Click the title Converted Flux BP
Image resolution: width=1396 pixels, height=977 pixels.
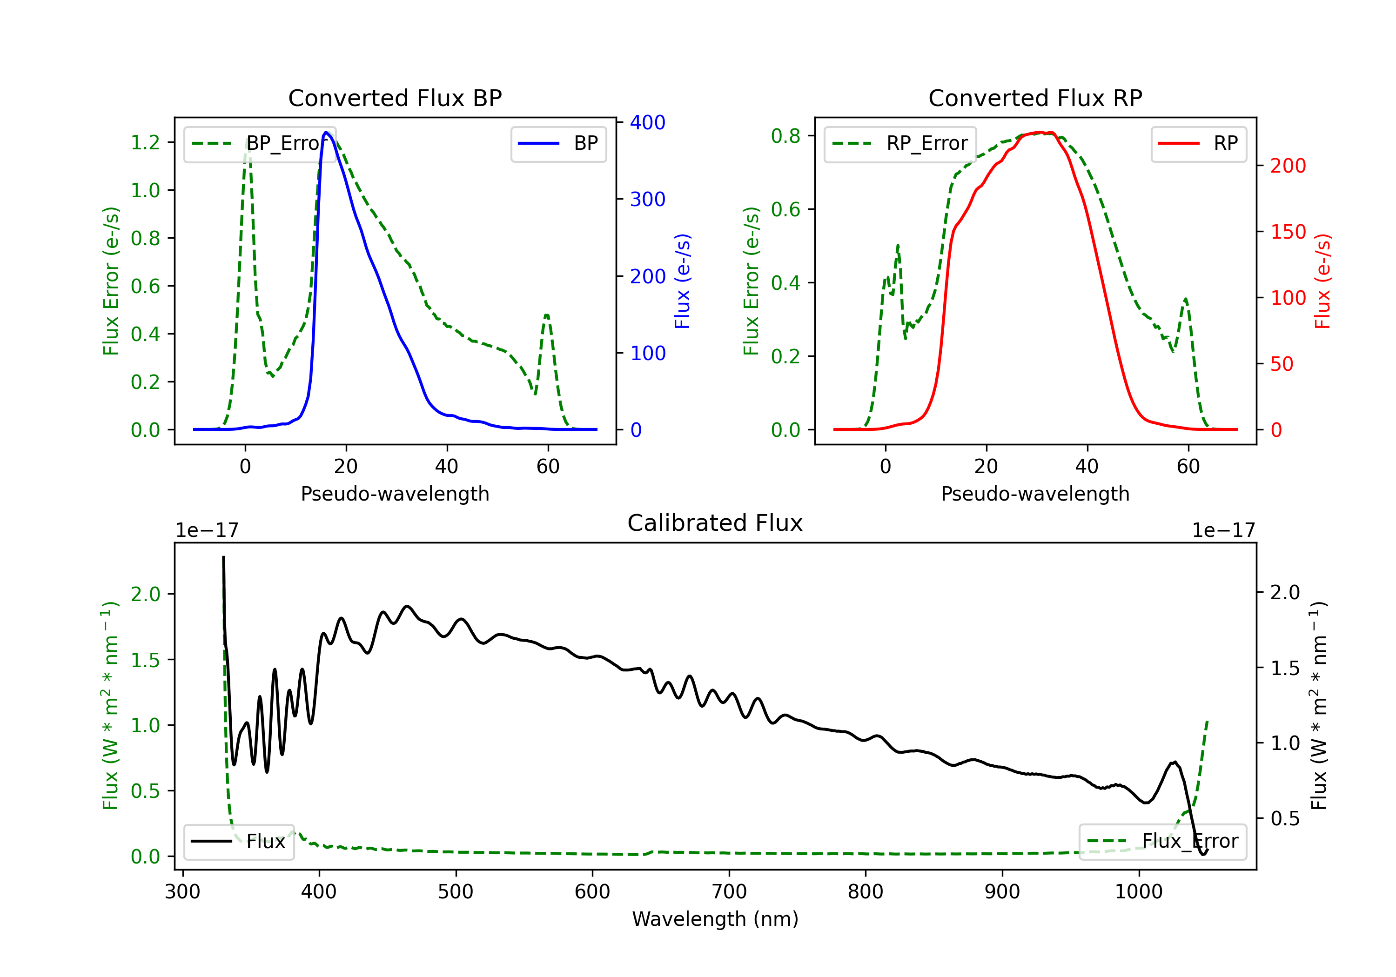tap(395, 98)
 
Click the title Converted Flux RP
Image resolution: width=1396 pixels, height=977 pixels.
tap(1035, 98)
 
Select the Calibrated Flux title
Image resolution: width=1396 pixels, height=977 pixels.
tap(715, 523)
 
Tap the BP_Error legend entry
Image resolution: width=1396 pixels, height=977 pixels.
tap(260, 143)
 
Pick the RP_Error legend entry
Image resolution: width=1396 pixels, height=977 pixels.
tap(900, 143)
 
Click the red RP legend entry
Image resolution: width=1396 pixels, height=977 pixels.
tap(1198, 143)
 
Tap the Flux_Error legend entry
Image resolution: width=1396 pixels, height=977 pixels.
tap(1162, 842)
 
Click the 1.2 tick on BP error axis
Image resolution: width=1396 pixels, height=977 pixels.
tap(145, 142)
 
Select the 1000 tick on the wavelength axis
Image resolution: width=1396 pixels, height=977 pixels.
tap(1139, 892)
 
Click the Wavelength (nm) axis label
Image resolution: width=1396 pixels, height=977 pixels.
tap(715, 919)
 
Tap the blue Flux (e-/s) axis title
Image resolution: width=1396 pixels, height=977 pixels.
tap(683, 281)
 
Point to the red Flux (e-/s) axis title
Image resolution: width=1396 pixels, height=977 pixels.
tap(1323, 281)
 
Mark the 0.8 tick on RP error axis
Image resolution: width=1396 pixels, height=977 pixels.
tap(785, 135)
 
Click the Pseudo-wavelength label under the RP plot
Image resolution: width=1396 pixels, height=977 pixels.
tap(1035, 494)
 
